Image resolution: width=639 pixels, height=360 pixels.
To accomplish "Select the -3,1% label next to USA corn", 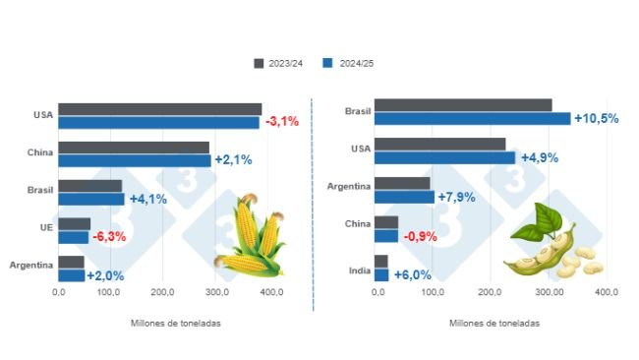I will [x=281, y=122].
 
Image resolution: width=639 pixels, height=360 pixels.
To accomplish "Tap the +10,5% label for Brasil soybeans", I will [x=596, y=118].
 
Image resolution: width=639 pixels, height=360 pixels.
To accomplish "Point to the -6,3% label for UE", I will [x=109, y=237].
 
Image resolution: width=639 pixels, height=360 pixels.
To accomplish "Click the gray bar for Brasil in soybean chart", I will [x=463, y=104].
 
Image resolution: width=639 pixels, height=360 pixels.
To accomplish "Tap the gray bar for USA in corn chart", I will [x=159, y=109].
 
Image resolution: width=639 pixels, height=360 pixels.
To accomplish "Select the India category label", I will [x=359, y=269].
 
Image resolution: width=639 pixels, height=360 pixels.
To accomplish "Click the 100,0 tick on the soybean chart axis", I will [x=433, y=292].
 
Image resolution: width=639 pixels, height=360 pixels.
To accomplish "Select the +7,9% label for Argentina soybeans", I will [x=456, y=197].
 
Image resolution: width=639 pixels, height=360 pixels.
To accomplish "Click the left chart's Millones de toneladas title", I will [x=174, y=323].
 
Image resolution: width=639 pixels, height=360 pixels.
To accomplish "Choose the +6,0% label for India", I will [x=413, y=275].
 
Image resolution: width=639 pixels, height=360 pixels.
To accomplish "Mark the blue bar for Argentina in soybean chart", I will [x=404, y=197].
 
